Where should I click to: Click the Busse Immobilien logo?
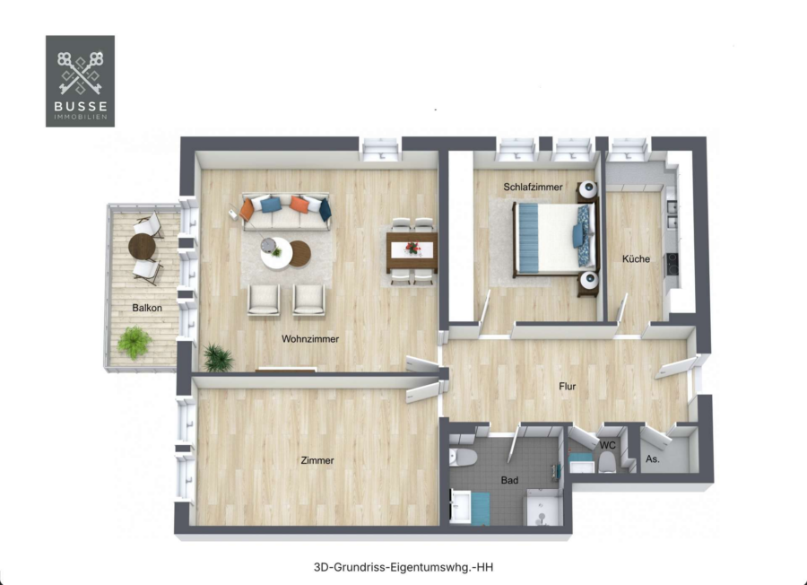click(81, 81)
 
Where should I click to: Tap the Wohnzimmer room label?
click(310, 339)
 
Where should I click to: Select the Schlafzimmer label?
click(533, 187)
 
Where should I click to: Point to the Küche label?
click(636, 258)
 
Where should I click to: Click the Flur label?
click(568, 386)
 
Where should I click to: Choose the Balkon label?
click(147, 308)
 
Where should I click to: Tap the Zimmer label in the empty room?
click(317, 460)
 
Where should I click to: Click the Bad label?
click(509, 480)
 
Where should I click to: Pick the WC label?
click(608, 445)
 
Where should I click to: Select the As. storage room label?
click(653, 458)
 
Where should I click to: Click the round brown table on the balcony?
click(142, 247)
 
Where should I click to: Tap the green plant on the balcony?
click(134, 343)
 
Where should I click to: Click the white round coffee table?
click(276, 253)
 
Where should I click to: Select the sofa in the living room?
click(287, 212)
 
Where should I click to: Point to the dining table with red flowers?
click(412, 252)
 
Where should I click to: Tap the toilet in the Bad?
click(464, 457)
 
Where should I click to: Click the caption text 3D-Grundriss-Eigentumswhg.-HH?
click(403, 567)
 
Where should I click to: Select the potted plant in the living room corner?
click(218, 357)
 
